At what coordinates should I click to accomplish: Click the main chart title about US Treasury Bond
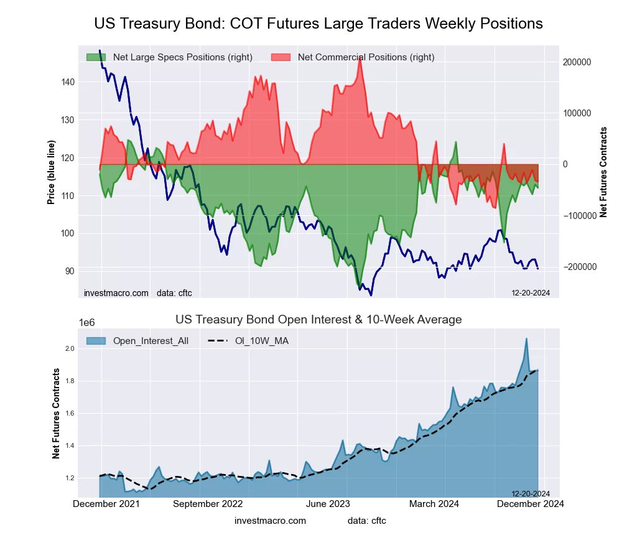[318, 24]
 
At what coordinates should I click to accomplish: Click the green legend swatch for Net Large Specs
[96, 57]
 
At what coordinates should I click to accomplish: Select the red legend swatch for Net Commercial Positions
[281, 57]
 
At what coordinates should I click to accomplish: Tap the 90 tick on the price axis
[70, 271]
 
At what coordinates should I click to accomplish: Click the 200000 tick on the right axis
[576, 63]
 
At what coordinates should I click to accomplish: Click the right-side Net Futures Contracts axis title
[603, 172]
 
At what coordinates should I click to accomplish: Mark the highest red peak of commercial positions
[360, 58]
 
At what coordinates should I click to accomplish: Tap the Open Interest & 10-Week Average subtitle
[318, 320]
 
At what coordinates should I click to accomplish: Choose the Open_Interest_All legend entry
[150, 341]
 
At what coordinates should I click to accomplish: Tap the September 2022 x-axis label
[208, 503]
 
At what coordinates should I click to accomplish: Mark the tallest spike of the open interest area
[526, 339]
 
